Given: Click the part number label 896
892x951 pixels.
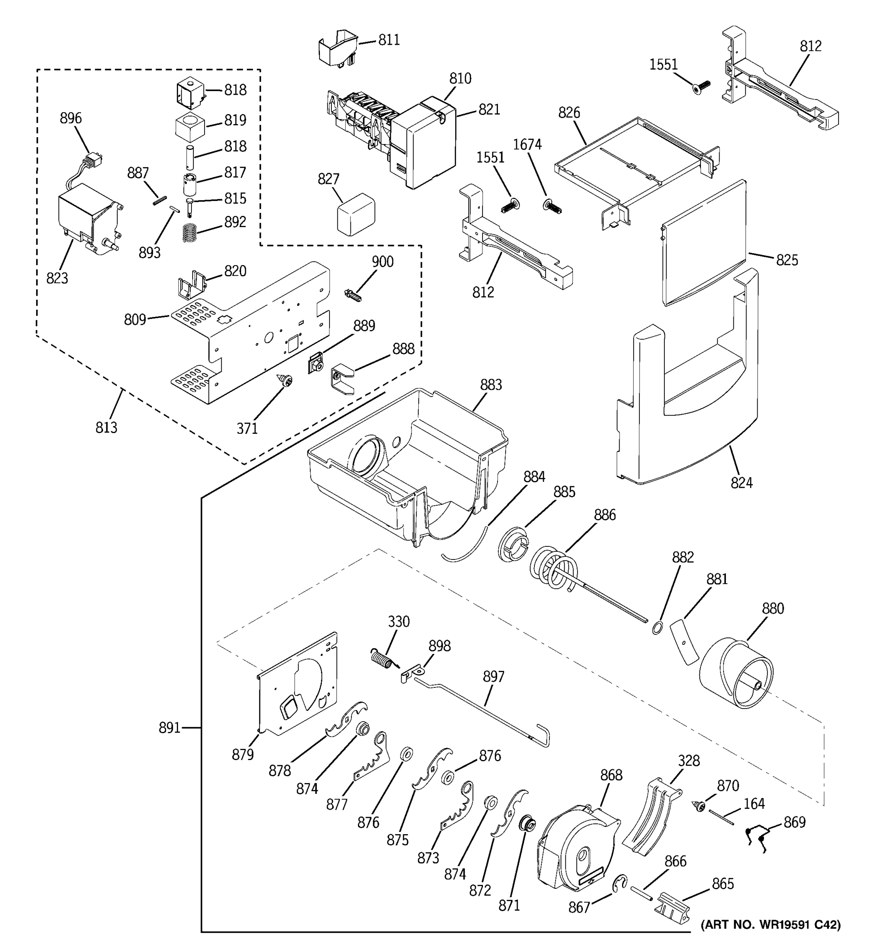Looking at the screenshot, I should click(71, 118).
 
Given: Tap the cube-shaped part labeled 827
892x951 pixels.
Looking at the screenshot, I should click(355, 215).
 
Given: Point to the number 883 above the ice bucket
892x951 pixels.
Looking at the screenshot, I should click(490, 385).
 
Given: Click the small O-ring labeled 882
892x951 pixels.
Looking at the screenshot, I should click(657, 628).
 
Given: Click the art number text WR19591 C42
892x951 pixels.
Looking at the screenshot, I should click(770, 925).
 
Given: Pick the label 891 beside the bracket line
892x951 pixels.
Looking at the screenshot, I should click(169, 728).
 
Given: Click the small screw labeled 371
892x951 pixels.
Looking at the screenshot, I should click(286, 381).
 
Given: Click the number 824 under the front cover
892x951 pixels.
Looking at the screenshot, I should click(741, 483).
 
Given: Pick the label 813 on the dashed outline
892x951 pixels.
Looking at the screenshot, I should click(106, 427).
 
